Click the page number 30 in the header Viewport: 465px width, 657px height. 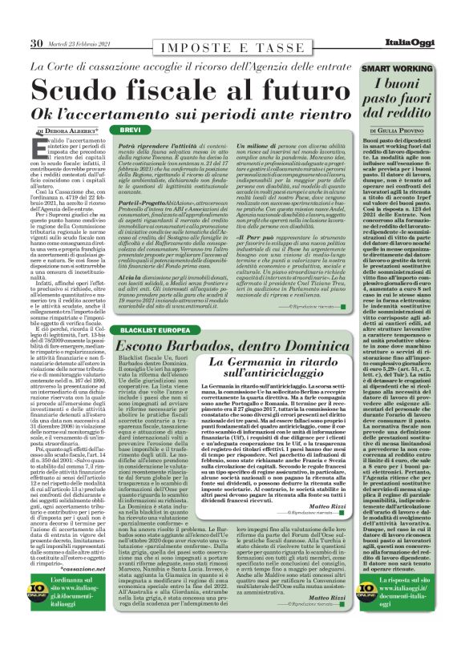point(35,42)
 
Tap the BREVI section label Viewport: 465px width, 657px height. point(130,129)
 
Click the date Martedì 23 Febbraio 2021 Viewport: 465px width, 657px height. point(79,42)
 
